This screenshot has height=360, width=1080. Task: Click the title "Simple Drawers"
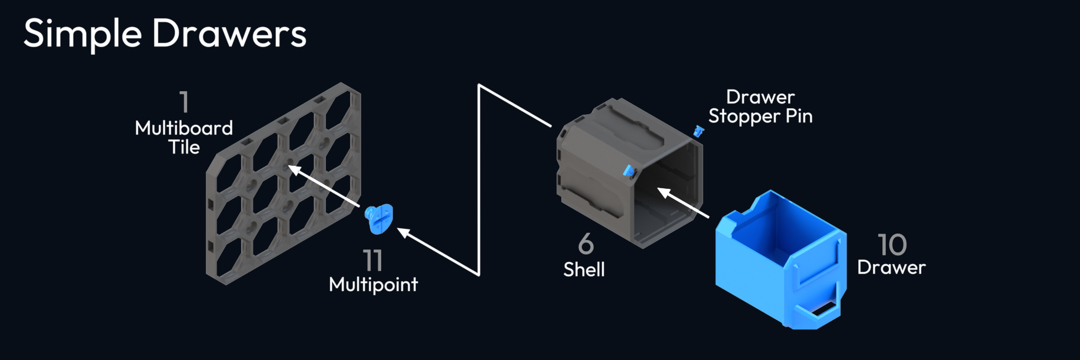point(165,33)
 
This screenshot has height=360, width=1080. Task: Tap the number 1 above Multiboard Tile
point(185,102)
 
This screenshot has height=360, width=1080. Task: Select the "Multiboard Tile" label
point(184,137)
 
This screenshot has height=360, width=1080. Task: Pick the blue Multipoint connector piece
point(378,219)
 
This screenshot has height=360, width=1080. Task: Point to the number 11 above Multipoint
point(373,260)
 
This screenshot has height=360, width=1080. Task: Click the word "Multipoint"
point(373,285)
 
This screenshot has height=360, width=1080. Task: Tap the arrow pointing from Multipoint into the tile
point(324,186)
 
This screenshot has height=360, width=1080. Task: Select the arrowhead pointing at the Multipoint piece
point(404,233)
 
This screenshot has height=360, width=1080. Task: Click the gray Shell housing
point(612,171)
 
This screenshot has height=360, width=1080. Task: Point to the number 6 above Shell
point(586,244)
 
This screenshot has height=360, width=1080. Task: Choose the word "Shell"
point(584,269)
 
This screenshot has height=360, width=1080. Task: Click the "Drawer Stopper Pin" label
point(760,106)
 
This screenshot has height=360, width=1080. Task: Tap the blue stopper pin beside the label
point(698,131)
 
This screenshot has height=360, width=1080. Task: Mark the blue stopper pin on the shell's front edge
point(629,172)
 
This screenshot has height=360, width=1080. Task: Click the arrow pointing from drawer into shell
point(682,202)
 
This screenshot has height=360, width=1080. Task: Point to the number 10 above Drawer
point(892,244)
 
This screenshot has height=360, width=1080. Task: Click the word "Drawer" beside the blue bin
point(891,268)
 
